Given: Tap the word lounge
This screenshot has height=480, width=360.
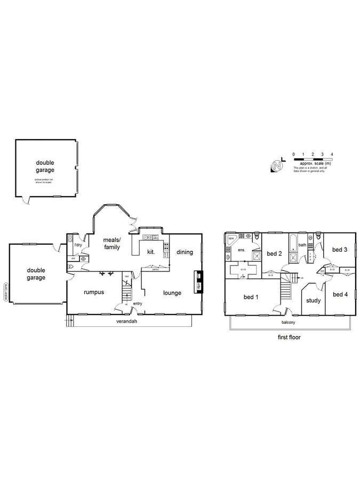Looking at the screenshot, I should (172, 292).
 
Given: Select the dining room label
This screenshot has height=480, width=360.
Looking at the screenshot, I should (185, 252).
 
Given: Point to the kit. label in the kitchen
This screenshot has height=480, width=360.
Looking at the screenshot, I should (151, 250).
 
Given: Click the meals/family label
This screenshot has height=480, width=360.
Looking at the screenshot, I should (112, 243).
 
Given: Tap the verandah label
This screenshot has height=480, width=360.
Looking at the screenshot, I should (127, 322).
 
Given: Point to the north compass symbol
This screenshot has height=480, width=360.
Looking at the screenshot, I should (277, 165).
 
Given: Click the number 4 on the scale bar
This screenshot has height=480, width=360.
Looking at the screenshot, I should (332, 154).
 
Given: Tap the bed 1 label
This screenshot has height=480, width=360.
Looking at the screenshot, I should (250, 297).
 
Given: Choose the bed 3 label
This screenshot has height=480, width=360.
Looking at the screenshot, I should (339, 249).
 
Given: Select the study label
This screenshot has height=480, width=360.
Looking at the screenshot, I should (313, 300).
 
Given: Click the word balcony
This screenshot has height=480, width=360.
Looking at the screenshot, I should (289, 322).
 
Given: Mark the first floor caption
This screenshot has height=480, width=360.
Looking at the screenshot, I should (289, 337).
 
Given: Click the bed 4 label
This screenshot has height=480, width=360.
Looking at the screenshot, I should (339, 294).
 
